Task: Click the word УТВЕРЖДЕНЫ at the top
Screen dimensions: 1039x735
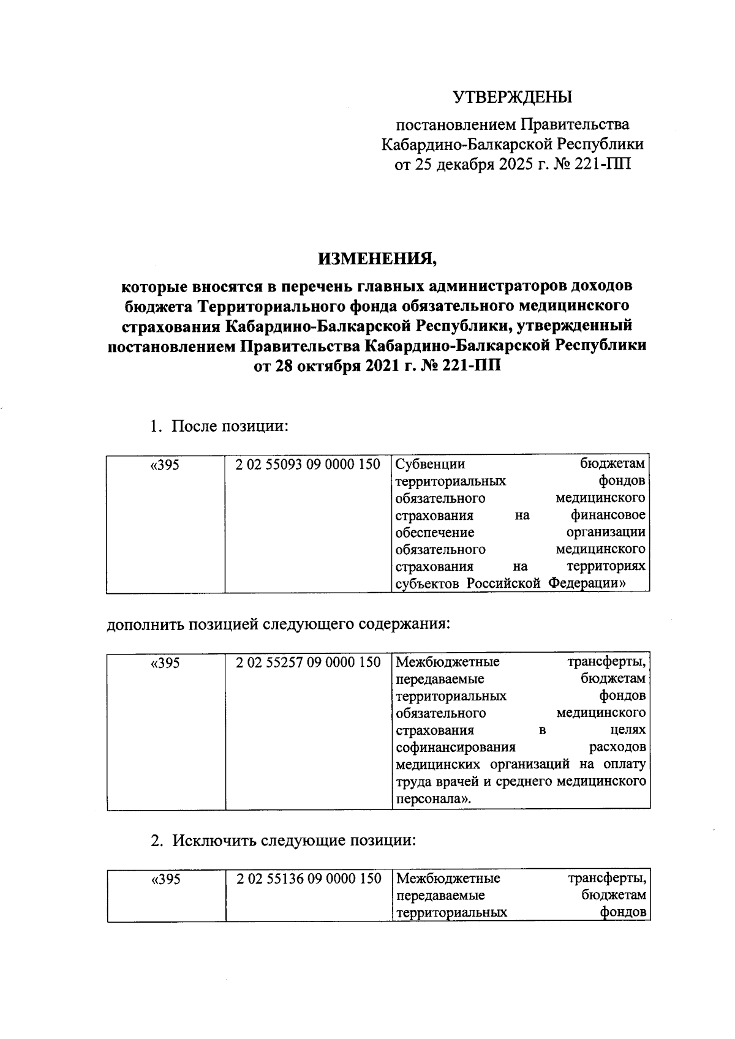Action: pos(512,97)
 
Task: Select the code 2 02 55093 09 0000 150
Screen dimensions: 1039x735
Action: pos(308,465)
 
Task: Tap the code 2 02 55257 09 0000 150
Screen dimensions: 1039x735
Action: pos(308,662)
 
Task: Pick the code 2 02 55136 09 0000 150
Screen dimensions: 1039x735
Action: pos(308,879)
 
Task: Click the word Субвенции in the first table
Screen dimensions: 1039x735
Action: pos(431,465)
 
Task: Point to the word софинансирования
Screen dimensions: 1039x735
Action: pos(456,748)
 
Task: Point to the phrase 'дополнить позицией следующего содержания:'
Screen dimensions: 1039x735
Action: pos(279,625)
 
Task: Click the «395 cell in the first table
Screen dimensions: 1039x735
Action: pos(165,465)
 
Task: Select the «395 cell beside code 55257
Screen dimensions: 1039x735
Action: pos(165,663)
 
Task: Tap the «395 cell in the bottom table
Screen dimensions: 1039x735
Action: pos(165,880)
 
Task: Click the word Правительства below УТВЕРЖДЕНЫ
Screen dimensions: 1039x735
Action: pos(575,125)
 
